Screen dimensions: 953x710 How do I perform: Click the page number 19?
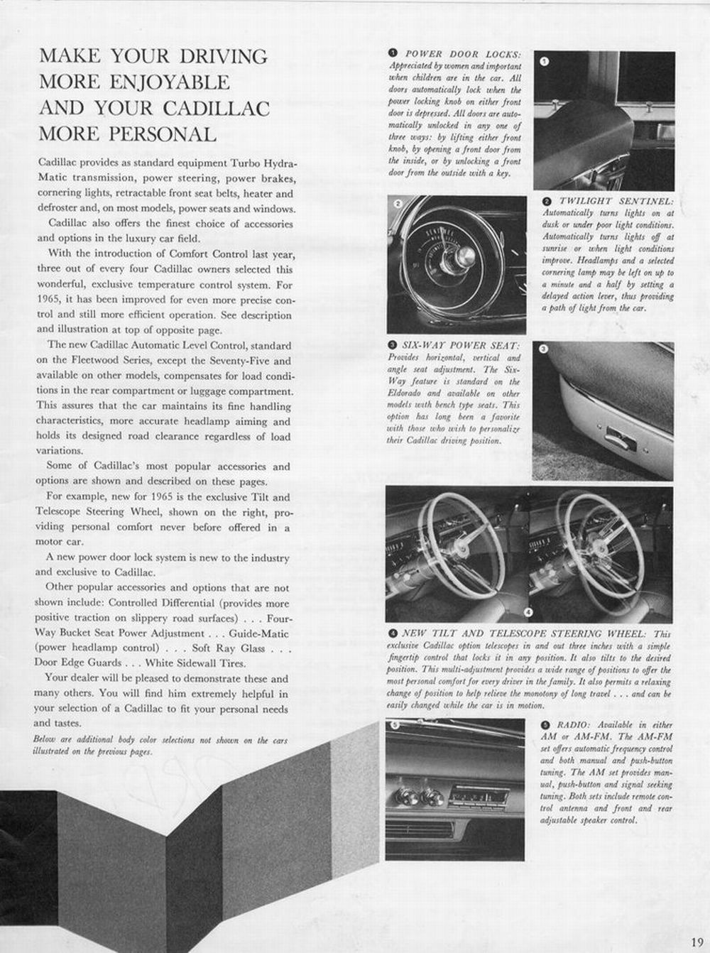click(x=694, y=942)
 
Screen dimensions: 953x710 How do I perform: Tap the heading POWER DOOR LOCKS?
click(x=462, y=54)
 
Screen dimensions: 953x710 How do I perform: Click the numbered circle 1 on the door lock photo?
click(x=545, y=62)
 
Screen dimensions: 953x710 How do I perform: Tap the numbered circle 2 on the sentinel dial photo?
click(x=398, y=205)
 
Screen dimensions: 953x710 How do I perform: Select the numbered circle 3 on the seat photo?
click(x=543, y=349)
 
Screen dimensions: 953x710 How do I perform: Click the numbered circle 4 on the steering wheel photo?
click(x=528, y=611)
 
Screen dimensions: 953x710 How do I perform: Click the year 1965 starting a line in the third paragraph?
click(x=50, y=299)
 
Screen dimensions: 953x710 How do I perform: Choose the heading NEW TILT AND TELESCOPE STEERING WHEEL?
click(x=524, y=633)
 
